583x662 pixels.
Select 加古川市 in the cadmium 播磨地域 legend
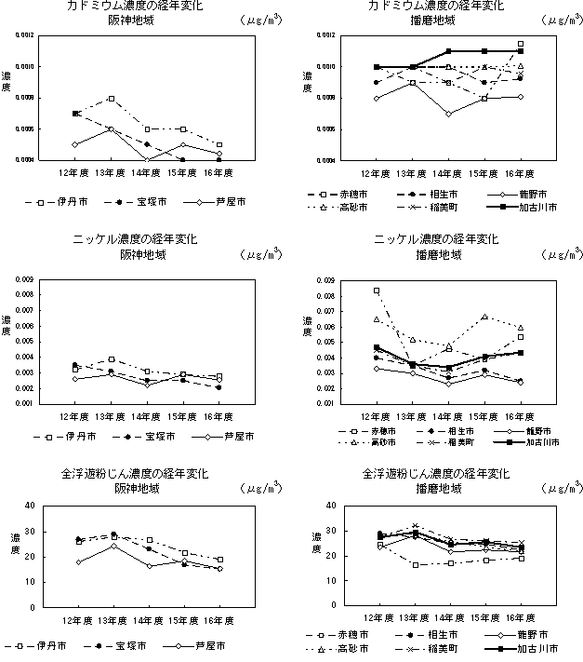[x=537, y=209]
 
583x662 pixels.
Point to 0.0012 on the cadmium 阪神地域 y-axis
[x=21, y=35]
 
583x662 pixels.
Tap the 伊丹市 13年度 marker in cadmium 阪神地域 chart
[x=112, y=98]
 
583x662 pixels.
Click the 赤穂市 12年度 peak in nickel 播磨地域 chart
[x=377, y=290]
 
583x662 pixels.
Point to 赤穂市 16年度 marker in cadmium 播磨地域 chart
[x=521, y=44]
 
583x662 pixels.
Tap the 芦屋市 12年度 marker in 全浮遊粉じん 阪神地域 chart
[x=77, y=561]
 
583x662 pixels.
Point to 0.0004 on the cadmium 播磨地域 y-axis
[x=330, y=160]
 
